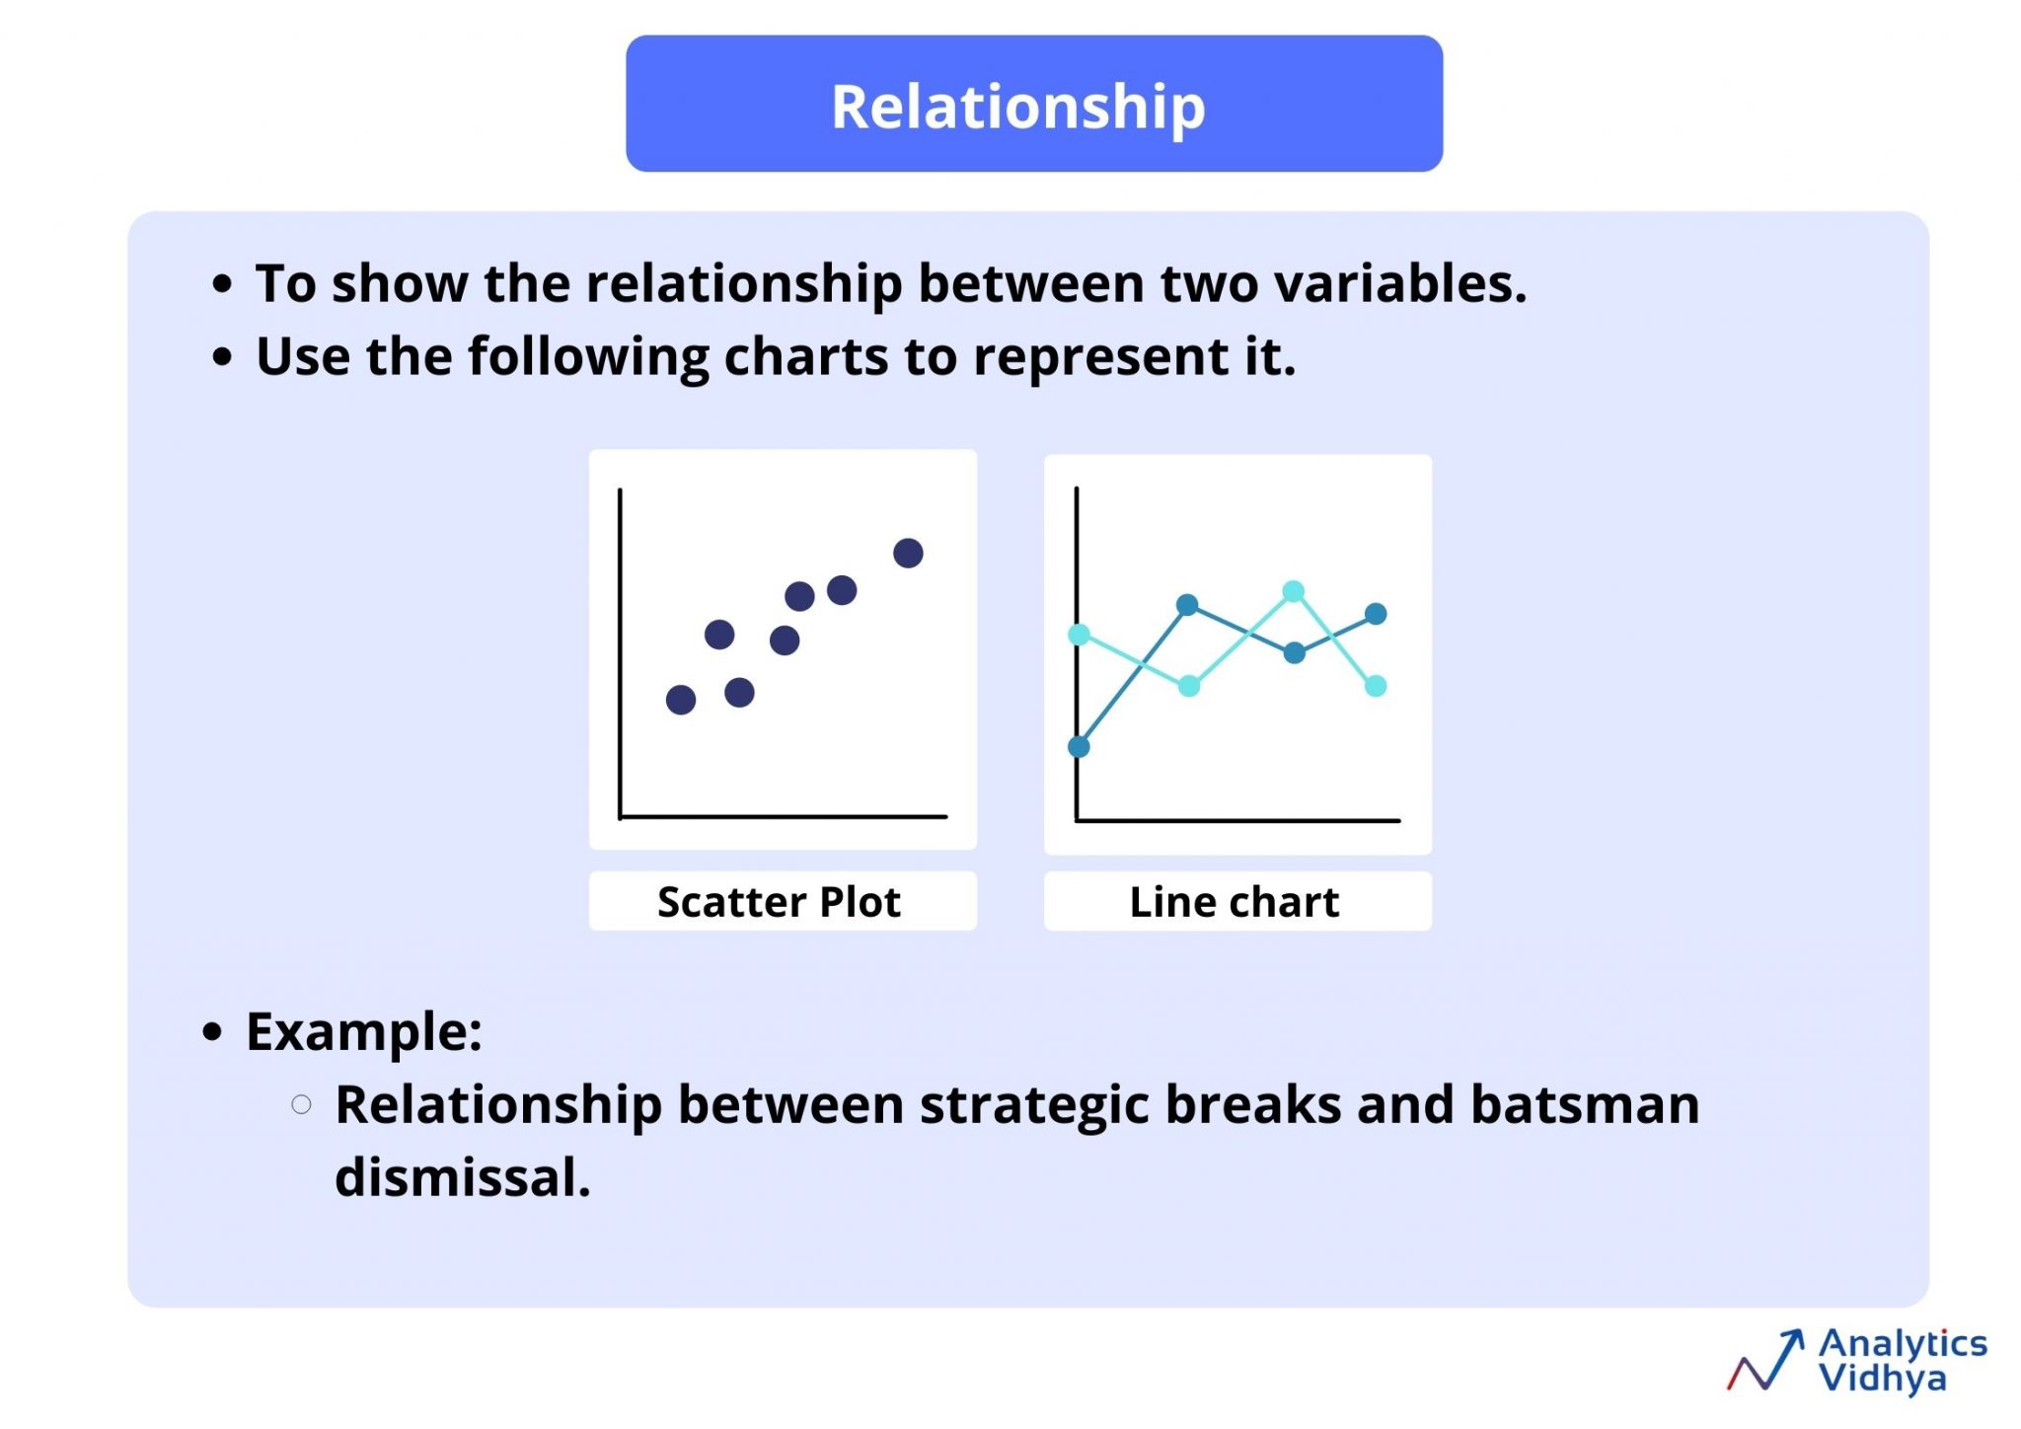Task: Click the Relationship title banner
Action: pyautogui.click(x=1033, y=105)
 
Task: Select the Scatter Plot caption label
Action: pyautogui.click(x=780, y=901)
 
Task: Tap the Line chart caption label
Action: pyautogui.click(x=1235, y=901)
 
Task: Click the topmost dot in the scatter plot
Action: pyautogui.click(x=908, y=553)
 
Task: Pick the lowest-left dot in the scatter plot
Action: pyautogui.click(x=681, y=700)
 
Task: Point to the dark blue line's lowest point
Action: pyautogui.click(x=1080, y=746)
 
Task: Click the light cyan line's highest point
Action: pyautogui.click(x=1293, y=591)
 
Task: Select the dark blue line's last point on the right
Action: pyautogui.click(x=1376, y=614)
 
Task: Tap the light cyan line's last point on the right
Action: pyautogui.click(x=1376, y=686)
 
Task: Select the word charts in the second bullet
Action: pyautogui.click(x=805, y=356)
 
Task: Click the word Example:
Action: pyautogui.click(x=364, y=1032)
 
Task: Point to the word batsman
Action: pyautogui.click(x=1584, y=1104)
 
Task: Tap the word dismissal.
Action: pyautogui.click(x=462, y=1177)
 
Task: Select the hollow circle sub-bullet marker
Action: pyautogui.click(x=302, y=1104)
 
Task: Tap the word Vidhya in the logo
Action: pyautogui.click(x=1882, y=1378)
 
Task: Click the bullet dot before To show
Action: pyautogui.click(x=223, y=284)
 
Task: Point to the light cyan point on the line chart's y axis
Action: pyautogui.click(x=1080, y=635)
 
